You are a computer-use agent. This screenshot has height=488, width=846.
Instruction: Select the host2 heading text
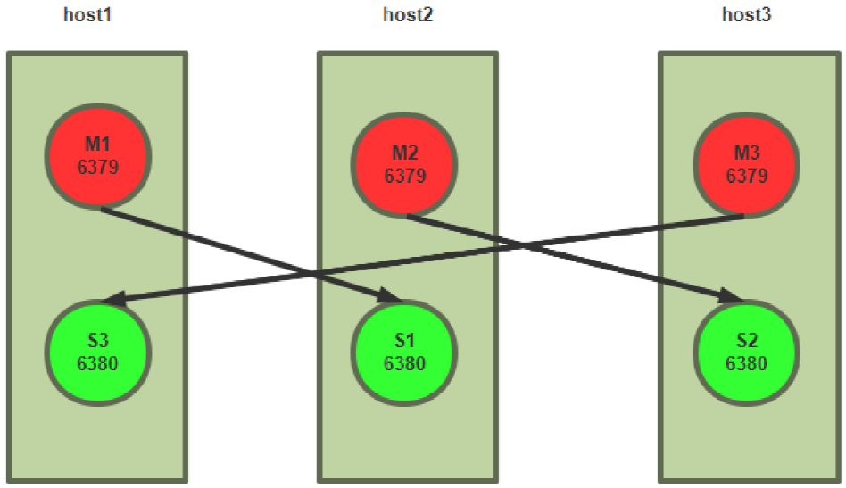(408, 15)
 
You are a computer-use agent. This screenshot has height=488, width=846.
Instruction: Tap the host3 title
(746, 15)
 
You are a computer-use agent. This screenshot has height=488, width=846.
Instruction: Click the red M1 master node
(97, 156)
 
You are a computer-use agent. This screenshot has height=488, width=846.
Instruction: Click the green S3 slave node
(97, 352)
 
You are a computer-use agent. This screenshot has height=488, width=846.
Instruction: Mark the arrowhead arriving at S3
(111, 302)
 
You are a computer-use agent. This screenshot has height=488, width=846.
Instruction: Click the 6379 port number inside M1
(97, 166)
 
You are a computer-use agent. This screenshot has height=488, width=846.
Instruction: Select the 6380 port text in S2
(746, 363)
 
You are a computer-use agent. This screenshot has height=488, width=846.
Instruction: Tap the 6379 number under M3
(746, 176)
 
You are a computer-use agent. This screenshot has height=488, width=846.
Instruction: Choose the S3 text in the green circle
(97, 342)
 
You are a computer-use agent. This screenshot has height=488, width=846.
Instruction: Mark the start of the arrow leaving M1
(103, 209)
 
